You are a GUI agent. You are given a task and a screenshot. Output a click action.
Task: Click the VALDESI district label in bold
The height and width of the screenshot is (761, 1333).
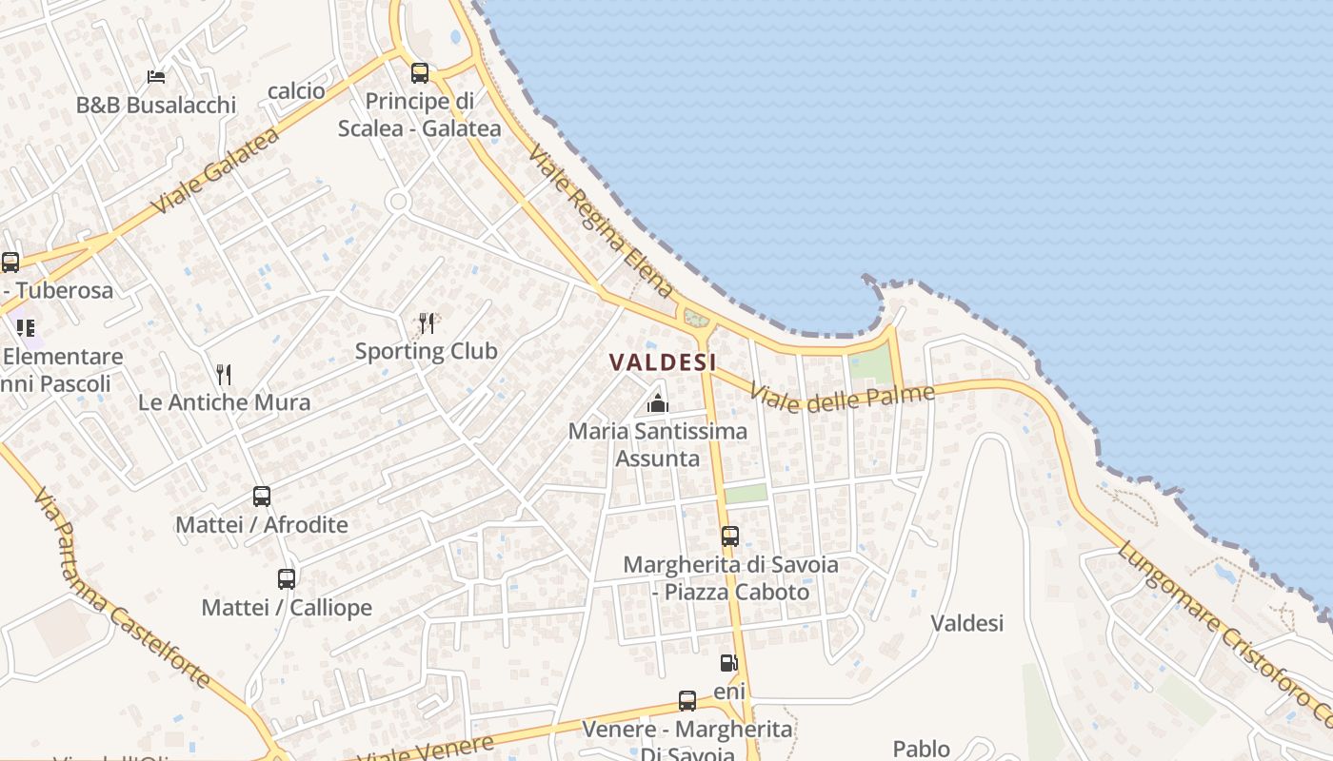(x=663, y=362)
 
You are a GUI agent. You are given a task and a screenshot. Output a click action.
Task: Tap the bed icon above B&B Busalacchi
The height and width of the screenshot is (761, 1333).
(x=156, y=76)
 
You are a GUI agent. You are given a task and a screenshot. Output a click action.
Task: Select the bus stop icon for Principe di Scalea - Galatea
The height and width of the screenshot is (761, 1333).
(x=419, y=72)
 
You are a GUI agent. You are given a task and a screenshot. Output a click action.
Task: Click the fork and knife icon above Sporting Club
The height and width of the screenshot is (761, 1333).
(x=427, y=323)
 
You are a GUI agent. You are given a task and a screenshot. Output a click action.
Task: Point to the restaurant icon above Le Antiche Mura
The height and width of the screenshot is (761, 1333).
(x=224, y=374)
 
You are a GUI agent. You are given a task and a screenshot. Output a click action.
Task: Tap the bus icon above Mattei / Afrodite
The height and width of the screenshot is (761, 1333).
(x=262, y=496)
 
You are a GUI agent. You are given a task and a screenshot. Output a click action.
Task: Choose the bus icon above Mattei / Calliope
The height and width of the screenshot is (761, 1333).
(x=287, y=578)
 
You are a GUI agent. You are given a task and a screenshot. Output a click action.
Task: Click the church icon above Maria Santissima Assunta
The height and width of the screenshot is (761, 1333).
(x=657, y=403)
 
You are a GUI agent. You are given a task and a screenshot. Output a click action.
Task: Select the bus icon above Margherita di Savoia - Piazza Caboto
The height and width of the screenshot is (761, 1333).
(x=730, y=537)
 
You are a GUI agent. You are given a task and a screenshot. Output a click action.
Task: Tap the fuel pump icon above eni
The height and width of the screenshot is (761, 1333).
(x=728, y=663)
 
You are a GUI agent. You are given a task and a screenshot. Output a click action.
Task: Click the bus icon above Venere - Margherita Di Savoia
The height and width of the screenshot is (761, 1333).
(x=687, y=701)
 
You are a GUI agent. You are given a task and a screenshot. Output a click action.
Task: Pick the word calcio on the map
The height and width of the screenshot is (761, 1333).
(x=296, y=91)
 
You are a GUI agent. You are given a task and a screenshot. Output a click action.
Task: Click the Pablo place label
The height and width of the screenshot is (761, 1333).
(x=921, y=749)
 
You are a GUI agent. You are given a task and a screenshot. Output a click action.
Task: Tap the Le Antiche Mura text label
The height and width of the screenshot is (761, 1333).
(x=225, y=402)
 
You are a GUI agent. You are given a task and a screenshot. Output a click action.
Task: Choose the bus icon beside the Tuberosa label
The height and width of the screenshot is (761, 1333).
(x=10, y=262)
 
